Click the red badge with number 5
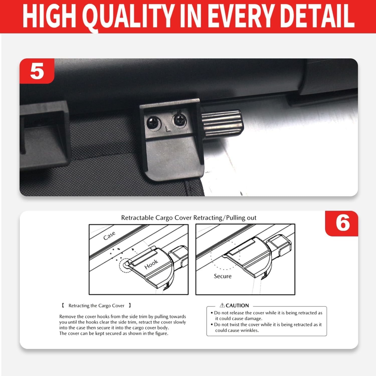point(37,71)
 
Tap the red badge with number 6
point(342,223)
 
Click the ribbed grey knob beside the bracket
point(222,122)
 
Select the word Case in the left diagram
point(109,235)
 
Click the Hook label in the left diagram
point(151,264)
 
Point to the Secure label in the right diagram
point(223,276)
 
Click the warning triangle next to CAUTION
point(222,305)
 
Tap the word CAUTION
point(237,305)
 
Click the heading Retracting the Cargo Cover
point(97,306)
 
